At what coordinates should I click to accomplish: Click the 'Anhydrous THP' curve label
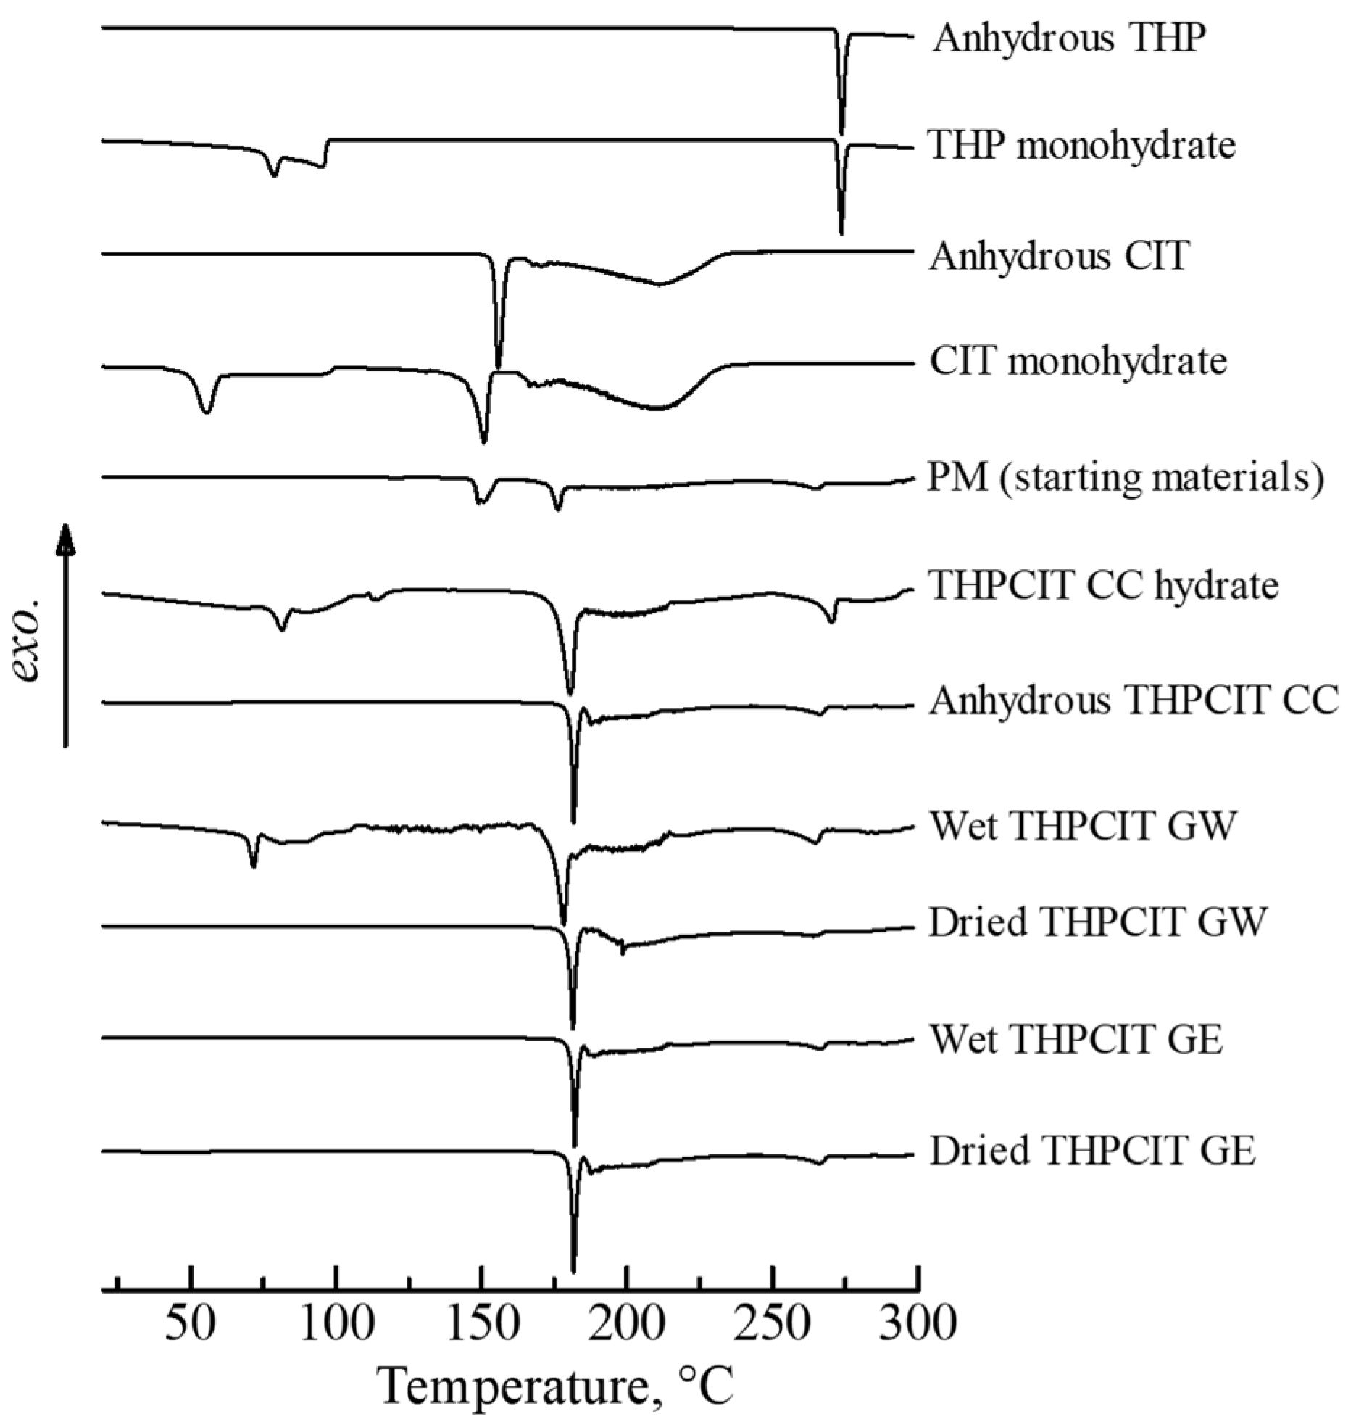click(1069, 38)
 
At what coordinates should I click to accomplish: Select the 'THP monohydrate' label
click(1082, 146)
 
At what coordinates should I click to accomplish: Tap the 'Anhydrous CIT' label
click(1060, 256)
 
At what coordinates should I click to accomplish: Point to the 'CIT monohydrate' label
click(1078, 362)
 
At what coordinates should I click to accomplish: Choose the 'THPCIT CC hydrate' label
click(1104, 584)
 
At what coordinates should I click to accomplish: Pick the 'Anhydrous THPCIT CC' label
click(1134, 701)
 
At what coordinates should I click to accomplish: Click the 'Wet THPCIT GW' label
click(1083, 826)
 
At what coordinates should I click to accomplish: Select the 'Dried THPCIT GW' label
click(1098, 922)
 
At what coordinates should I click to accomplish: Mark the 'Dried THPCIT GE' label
click(1093, 1151)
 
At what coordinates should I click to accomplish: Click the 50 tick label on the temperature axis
click(190, 1324)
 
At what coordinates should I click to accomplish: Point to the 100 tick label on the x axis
click(336, 1324)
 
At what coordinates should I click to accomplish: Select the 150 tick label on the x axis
click(481, 1324)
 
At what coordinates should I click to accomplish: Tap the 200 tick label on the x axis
click(627, 1324)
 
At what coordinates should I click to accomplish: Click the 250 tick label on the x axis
click(773, 1324)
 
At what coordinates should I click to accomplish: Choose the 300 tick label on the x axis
click(918, 1324)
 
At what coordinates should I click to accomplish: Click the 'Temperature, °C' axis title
click(557, 1386)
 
